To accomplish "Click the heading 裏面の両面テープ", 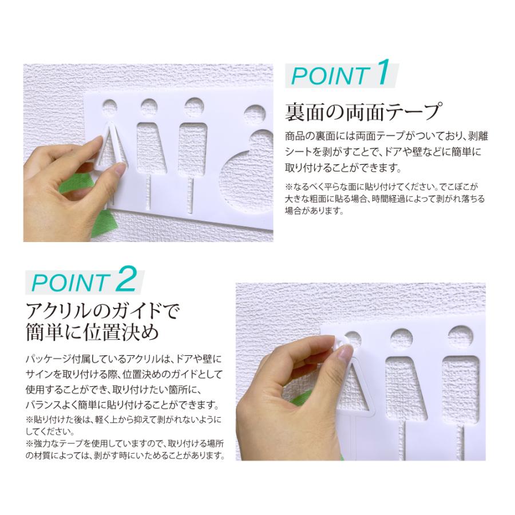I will point(365,110).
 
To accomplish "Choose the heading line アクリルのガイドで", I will point(102,312).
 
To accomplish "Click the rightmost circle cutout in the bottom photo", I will point(462,338).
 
